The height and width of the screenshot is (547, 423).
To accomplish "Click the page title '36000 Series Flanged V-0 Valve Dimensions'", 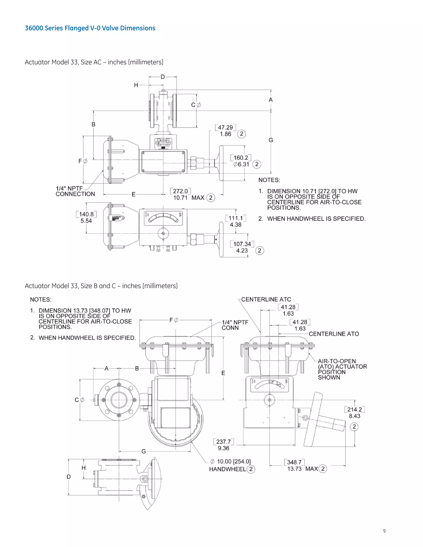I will click(90, 28).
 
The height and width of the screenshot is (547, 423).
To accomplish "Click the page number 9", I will click(384, 531).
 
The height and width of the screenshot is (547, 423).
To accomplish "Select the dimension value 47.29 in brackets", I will click(225, 128).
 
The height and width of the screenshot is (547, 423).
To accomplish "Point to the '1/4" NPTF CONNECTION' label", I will click(75, 191).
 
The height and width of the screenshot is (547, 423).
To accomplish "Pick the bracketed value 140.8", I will click(86, 214).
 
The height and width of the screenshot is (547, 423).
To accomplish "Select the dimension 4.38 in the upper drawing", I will click(235, 225).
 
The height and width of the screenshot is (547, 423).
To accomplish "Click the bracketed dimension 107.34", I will click(242, 244).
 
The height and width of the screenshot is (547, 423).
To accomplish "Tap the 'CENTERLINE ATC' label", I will click(266, 299).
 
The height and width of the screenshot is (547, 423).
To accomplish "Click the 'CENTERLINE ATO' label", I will click(334, 334).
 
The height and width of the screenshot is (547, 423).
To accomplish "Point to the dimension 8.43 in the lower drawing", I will click(355, 416).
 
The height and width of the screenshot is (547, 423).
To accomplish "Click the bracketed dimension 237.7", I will click(223, 442).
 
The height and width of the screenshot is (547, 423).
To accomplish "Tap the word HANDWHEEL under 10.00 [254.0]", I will click(228, 469).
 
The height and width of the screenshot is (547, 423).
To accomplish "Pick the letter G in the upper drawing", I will click(271, 140).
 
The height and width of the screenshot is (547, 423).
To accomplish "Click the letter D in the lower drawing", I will click(69, 477).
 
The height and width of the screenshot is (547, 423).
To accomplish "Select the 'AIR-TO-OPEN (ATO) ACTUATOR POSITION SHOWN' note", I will click(342, 369).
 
